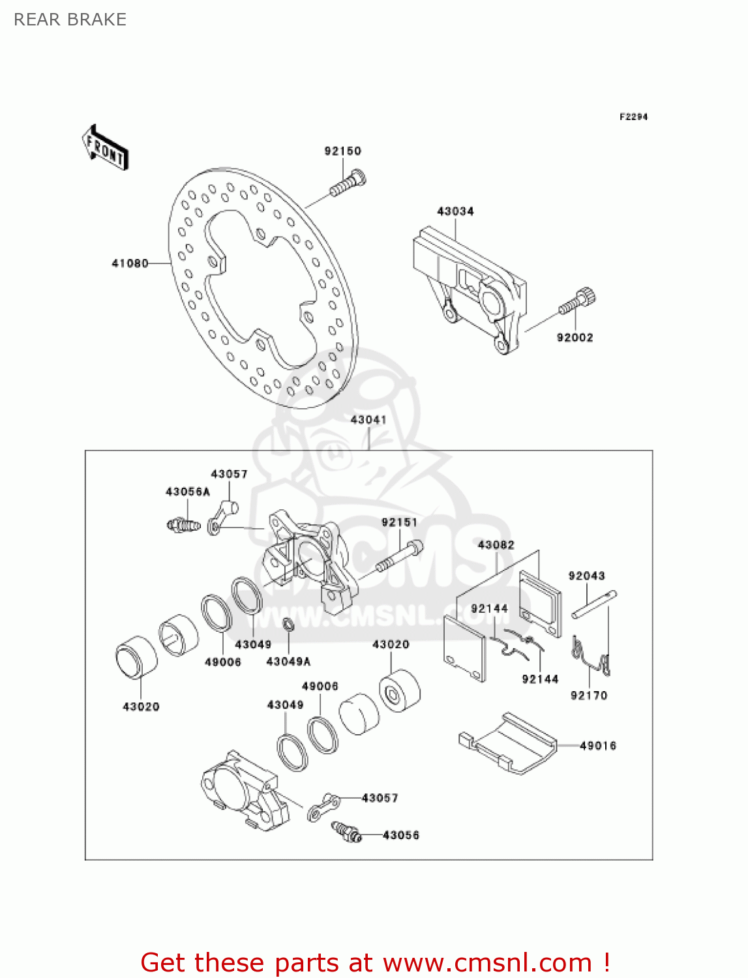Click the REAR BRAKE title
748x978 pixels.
pyautogui.click(x=70, y=20)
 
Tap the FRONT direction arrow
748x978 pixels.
pyautogui.click(x=104, y=148)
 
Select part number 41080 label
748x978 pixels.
pyautogui.click(x=130, y=263)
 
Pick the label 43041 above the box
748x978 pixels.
pyautogui.click(x=368, y=420)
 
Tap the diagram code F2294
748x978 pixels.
pyautogui.click(x=633, y=117)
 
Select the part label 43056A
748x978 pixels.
pyautogui.click(x=188, y=492)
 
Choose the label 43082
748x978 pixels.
pyautogui.click(x=496, y=544)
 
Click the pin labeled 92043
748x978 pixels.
pyautogui.click(x=594, y=604)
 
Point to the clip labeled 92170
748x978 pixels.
pyautogui.click(x=592, y=658)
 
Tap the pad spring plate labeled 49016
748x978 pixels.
pyautogui.click(x=509, y=743)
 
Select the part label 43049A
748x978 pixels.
pyautogui.click(x=288, y=661)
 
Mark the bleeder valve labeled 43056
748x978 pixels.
pyautogui.click(x=346, y=831)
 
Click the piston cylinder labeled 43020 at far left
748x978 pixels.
pyautogui.click(x=136, y=657)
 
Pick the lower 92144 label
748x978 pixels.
pyautogui.click(x=540, y=679)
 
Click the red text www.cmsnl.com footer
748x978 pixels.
pyautogui.click(x=375, y=962)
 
